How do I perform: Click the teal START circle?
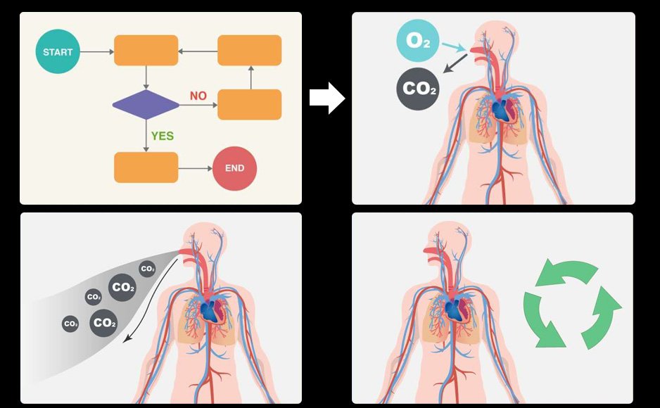click(x=58, y=52)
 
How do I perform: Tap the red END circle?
click(x=234, y=168)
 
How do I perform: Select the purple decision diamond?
click(x=146, y=105)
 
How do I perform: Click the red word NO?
click(x=198, y=96)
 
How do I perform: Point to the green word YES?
click(x=162, y=136)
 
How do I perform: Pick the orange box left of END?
click(x=146, y=167)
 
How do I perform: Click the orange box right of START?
click(x=146, y=51)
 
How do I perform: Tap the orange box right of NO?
click(x=249, y=105)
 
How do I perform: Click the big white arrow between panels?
click(x=327, y=98)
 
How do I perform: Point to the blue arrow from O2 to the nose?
click(x=453, y=47)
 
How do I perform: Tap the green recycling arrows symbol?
click(x=571, y=305)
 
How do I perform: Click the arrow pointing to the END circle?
click(x=195, y=168)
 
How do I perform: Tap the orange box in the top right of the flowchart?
click(x=249, y=51)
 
